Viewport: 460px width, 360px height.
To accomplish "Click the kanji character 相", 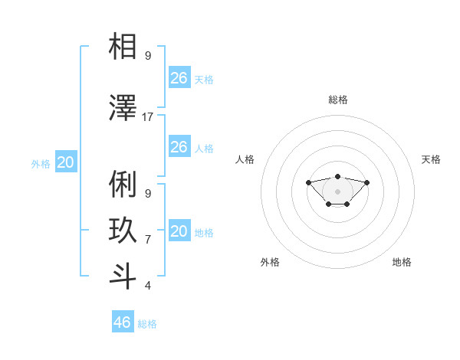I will (123, 47).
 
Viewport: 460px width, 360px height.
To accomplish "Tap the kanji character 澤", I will (123, 109).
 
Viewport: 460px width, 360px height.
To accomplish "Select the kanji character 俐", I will (123, 185).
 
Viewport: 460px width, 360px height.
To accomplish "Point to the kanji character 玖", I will (123, 231).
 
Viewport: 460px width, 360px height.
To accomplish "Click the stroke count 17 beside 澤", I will (148, 117).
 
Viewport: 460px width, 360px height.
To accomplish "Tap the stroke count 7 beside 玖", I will (148, 239).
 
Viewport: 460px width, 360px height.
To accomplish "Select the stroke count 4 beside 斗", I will (148, 285).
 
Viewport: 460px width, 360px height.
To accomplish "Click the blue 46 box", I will (123, 322).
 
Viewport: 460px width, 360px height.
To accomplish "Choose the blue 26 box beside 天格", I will (179, 78).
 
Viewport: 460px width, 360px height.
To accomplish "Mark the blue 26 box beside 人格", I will (179, 147).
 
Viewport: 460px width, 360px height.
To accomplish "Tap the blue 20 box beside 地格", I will (179, 231).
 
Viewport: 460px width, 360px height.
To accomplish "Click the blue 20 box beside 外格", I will (66, 162).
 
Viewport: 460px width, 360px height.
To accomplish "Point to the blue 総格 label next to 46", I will (147, 324).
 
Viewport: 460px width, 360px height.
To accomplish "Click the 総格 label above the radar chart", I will (337, 100).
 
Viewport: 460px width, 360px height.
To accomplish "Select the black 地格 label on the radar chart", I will (402, 262).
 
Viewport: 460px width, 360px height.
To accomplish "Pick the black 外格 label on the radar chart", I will (270, 262).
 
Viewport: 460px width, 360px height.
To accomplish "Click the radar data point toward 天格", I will (366, 182).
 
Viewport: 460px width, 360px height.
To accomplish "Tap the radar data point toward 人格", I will (308, 182).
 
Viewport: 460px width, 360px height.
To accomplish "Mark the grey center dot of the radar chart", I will (337, 191).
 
